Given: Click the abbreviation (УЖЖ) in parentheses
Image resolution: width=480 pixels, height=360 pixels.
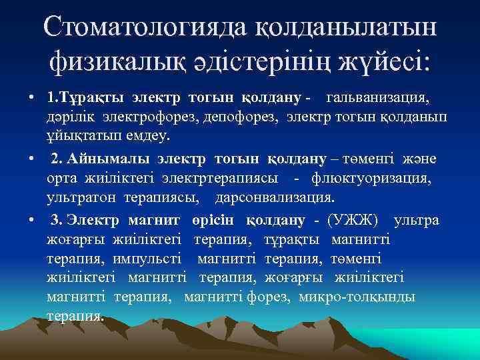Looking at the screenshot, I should [355, 220].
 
